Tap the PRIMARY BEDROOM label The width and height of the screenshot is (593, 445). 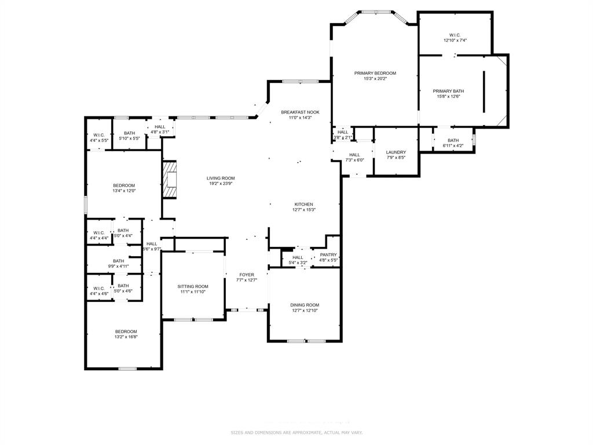pos(375,73)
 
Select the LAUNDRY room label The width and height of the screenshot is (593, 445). pos(396,152)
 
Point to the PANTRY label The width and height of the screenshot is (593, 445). pos(328,255)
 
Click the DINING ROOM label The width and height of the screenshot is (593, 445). pos(305,305)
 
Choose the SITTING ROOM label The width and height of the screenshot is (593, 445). pos(193,286)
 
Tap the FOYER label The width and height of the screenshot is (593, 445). pos(247,275)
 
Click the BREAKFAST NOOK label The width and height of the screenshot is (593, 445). pos(300,112)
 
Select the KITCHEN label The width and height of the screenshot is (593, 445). pos(304,204)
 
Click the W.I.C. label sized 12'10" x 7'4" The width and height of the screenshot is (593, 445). pos(455,34)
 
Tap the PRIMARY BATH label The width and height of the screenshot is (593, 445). pos(449,91)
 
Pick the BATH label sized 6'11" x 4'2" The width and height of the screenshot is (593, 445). pos(453,140)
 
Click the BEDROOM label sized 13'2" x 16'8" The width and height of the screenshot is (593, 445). pos(126,331)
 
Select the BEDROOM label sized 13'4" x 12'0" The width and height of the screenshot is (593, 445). pos(124,185)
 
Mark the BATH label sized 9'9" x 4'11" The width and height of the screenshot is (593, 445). pos(119,261)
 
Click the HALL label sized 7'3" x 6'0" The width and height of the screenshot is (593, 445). pos(354,155)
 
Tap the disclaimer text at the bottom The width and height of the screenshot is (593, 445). pos(296,432)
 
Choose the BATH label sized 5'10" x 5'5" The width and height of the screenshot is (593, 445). pos(129,133)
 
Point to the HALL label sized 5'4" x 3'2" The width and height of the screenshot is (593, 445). pos(298,257)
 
